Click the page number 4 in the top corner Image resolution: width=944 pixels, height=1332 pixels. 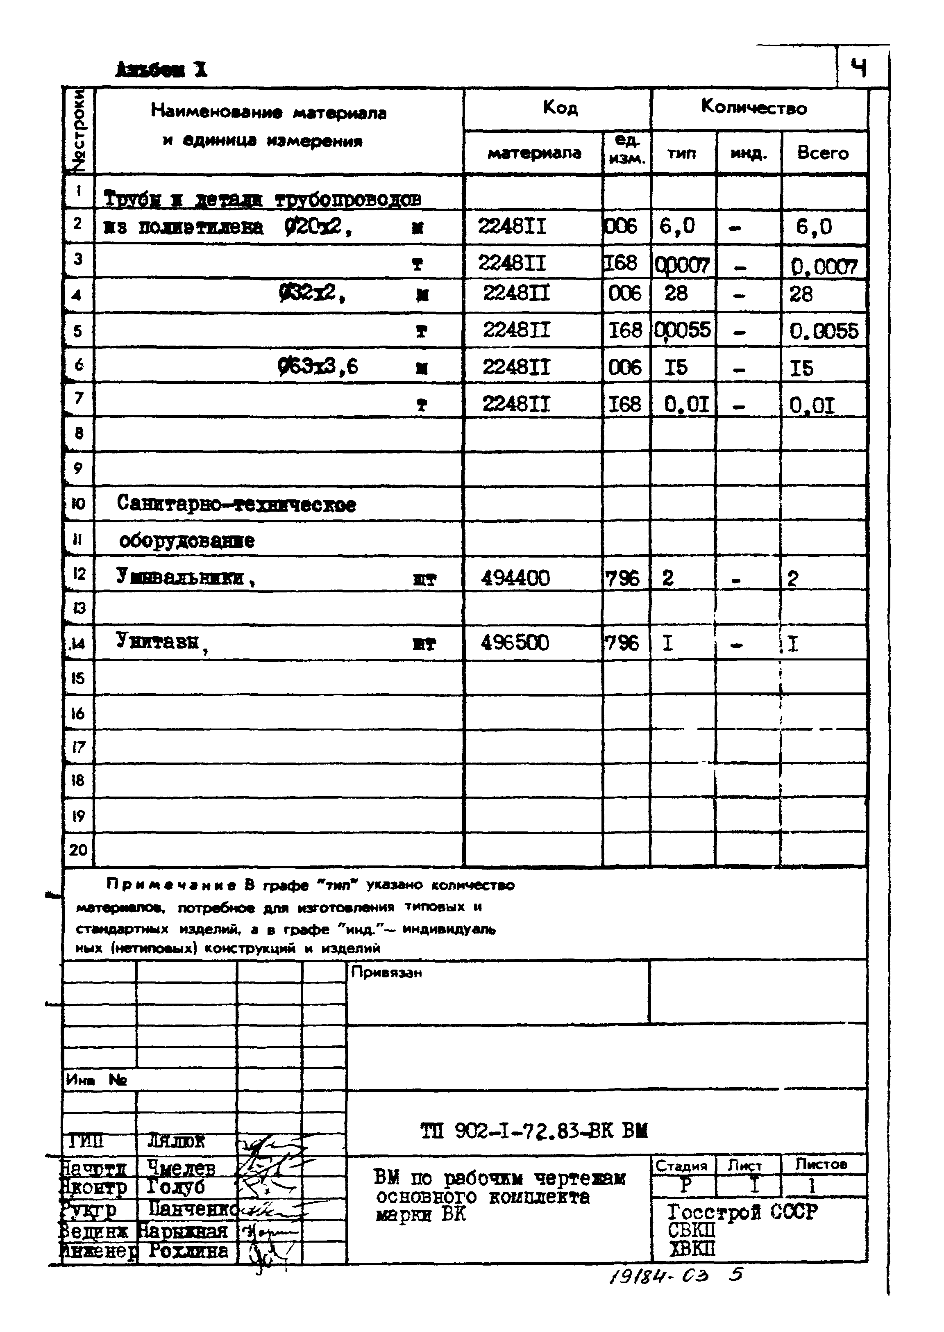[859, 68]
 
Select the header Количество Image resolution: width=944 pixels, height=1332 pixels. [754, 107]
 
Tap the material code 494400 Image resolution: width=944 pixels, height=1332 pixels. [515, 578]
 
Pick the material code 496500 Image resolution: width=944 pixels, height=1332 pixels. [515, 643]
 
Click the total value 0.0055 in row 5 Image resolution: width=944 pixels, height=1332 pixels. [823, 331]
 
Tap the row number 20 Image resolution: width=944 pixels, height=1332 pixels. [78, 850]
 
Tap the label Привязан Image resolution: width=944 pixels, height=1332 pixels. [386, 972]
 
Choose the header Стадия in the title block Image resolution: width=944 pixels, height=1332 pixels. [681, 1165]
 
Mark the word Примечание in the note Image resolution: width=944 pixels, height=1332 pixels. [172, 885]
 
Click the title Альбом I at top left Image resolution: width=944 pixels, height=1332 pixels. [161, 70]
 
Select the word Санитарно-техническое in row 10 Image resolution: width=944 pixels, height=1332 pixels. [236, 504]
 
